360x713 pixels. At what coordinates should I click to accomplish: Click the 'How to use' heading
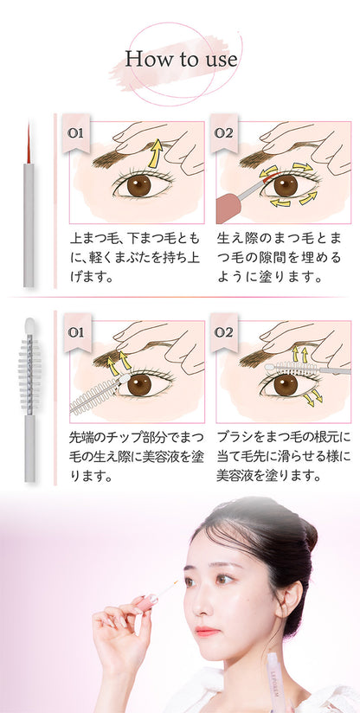(x=181, y=60)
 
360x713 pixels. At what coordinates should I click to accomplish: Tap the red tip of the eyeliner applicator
(x=29, y=142)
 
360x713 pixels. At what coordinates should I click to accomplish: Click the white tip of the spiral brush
(x=29, y=327)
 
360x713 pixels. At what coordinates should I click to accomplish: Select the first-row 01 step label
(x=75, y=134)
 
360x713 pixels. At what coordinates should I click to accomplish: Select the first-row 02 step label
(x=223, y=134)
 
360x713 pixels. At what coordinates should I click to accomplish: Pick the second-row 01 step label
(x=75, y=332)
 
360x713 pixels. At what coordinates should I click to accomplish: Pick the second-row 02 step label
(x=223, y=332)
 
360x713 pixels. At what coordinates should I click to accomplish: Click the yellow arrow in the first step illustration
(x=153, y=156)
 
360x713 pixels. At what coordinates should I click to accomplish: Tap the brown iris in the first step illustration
(x=138, y=184)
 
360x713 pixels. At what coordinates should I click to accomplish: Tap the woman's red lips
(x=207, y=632)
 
